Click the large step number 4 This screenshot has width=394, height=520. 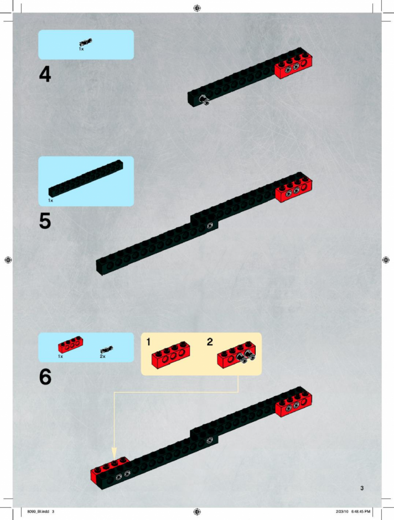45,74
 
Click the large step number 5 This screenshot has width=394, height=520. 45,221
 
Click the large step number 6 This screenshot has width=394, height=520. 45,377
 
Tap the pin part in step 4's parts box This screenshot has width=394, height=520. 86,43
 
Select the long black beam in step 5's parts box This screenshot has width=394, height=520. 86,179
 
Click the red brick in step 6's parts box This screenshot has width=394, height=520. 70,345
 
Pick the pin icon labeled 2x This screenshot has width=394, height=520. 106,350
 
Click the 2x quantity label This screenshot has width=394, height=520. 102,356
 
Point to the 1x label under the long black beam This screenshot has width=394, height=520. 50,200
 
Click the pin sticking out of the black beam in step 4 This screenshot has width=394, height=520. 204,100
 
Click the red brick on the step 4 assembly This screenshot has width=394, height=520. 293,65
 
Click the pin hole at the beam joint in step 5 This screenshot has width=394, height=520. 210,226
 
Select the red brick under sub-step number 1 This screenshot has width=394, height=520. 170,355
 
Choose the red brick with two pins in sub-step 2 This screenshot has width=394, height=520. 236,355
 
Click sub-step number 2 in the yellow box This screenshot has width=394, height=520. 210,342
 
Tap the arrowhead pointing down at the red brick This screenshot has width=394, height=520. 114,454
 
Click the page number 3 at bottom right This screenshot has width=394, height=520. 362,488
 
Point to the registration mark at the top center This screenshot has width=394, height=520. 197,8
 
